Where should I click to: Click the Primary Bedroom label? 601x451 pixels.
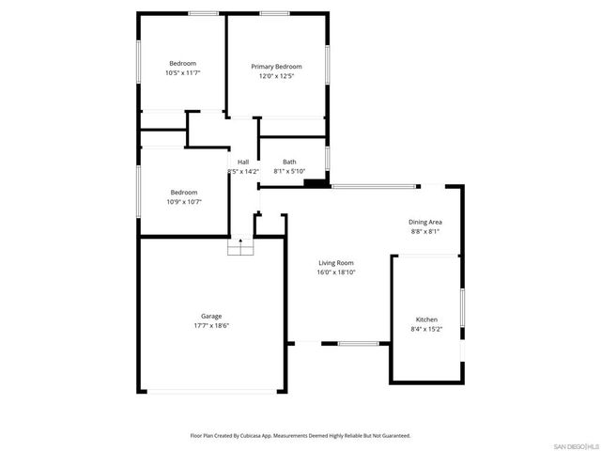coord(276,67)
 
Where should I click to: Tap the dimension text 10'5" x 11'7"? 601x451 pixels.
coord(183,72)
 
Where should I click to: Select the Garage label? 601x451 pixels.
coord(211,317)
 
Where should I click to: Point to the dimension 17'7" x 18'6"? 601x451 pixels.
coord(211,326)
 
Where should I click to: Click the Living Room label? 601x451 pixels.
coord(335,263)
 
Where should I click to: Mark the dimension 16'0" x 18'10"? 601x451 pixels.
coord(335,272)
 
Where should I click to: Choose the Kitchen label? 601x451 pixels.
coord(426,320)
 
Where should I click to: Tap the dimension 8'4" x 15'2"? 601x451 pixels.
coord(426,330)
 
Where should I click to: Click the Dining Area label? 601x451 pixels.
coord(425,222)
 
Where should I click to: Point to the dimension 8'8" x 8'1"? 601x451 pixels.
coord(425,231)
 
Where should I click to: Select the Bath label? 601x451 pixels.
coord(289,163)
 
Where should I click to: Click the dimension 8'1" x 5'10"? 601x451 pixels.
coord(289,172)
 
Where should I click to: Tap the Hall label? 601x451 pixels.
coord(243,163)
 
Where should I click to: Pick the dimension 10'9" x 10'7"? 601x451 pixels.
coord(183,201)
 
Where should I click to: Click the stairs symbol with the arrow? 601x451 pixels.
coord(240,247)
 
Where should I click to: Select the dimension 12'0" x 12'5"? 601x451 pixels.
coord(276,76)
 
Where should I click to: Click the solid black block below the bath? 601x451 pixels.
coord(317,183)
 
